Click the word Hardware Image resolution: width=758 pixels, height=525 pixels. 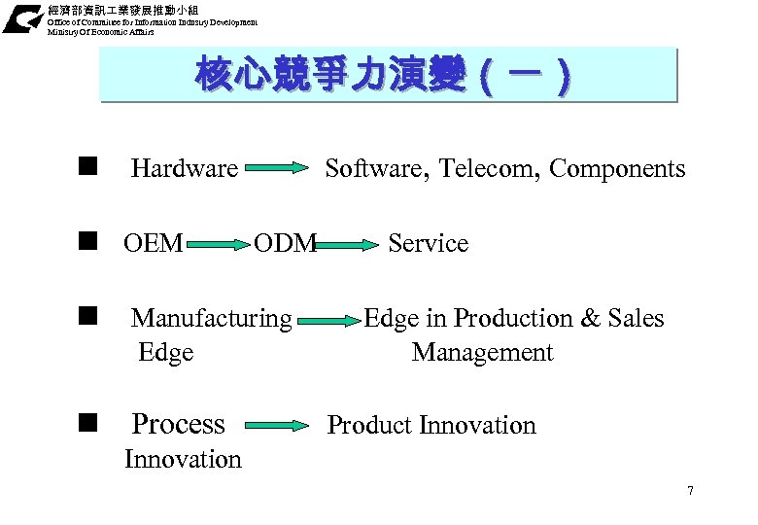(184, 169)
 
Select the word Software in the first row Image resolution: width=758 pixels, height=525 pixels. (373, 169)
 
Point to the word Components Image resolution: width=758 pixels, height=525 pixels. (617, 169)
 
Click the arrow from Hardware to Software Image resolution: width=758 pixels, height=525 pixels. (276, 168)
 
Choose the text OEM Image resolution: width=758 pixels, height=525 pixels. (153, 243)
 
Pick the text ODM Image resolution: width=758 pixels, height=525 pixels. (285, 243)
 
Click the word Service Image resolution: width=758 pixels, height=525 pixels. (428, 243)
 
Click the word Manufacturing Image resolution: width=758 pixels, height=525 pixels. (211, 318)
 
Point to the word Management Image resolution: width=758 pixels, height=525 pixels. (482, 352)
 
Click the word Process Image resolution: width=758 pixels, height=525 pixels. (178, 424)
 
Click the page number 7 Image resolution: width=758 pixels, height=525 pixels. (690, 490)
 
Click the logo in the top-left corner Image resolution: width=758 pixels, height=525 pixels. (20, 18)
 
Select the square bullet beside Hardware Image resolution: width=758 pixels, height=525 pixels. (90, 166)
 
